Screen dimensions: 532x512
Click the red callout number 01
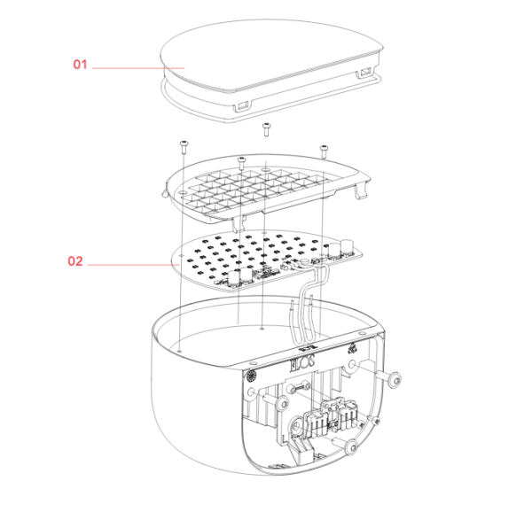click(80, 65)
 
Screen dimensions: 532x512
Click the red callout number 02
click(75, 261)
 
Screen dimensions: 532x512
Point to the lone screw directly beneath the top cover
click(266, 129)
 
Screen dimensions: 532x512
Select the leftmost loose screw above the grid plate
click(184, 146)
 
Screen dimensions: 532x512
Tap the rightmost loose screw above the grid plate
click(324, 151)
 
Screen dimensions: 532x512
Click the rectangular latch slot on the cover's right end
click(365, 73)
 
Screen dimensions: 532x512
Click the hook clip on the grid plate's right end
click(361, 191)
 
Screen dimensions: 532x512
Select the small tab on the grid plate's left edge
click(164, 193)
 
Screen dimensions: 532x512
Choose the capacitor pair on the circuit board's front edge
click(240, 277)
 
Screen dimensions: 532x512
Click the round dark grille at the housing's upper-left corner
click(252, 376)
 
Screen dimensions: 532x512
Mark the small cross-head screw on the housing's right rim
click(375, 421)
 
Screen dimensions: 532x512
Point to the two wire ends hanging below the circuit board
click(301, 306)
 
